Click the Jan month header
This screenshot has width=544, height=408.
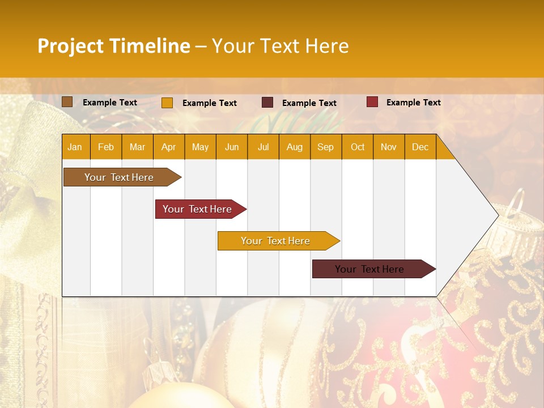tap(75, 147)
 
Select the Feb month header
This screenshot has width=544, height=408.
tap(106, 147)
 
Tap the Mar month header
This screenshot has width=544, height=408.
tap(137, 147)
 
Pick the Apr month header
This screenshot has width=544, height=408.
tap(169, 147)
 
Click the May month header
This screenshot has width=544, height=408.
tap(200, 147)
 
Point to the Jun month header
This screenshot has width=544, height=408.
tap(232, 147)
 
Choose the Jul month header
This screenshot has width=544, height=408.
tap(263, 147)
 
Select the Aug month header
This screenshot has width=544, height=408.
tap(295, 147)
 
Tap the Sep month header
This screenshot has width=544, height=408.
tap(326, 147)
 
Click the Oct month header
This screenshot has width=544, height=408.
tap(358, 147)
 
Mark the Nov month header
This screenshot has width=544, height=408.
tap(389, 147)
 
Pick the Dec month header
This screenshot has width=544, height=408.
tap(420, 147)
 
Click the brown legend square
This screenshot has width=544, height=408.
tap(67, 102)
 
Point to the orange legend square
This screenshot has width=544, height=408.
tap(167, 103)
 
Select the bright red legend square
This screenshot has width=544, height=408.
tap(372, 102)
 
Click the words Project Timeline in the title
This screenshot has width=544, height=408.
tap(114, 45)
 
